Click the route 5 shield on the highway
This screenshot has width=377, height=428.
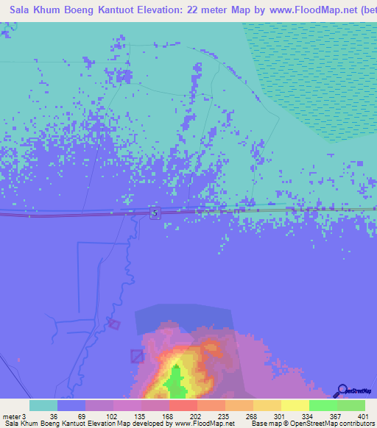tap(155, 213)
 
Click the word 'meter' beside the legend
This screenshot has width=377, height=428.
tap(10, 415)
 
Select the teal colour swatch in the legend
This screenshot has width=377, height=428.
tap(43, 405)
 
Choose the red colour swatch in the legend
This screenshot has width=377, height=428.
tap(183, 405)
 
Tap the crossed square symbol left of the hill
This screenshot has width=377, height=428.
tap(138, 356)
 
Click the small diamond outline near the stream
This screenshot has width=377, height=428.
tap(113, 324)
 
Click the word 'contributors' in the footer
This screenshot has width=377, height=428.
tap(356, 424)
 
